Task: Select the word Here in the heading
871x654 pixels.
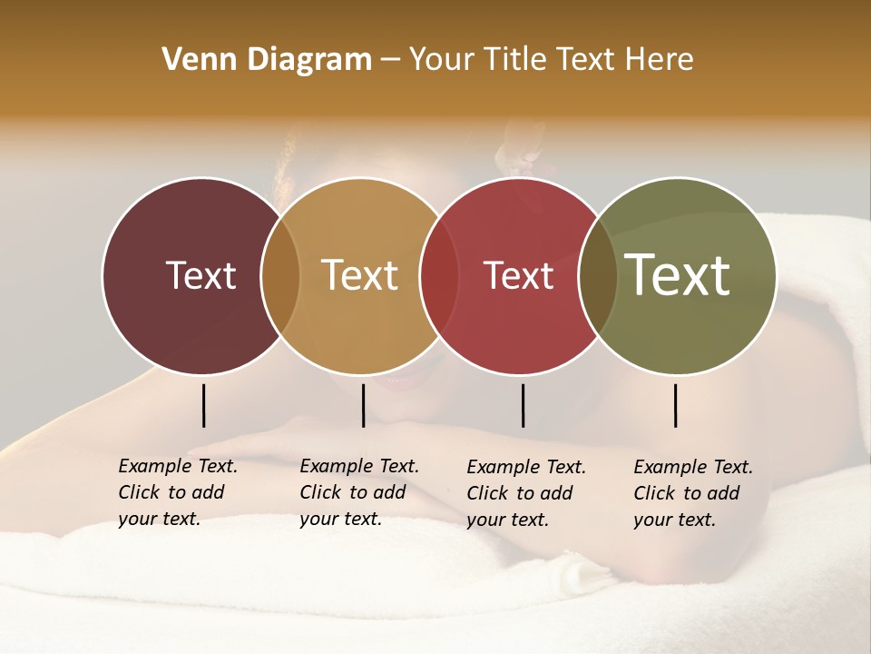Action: tap(661, 60)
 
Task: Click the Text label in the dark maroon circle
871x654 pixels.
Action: tap(201, 275)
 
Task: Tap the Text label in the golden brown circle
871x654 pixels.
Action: tap(359, 275)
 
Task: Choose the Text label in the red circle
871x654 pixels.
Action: tap(518, 275)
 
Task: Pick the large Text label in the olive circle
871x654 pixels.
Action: tap(678, 275)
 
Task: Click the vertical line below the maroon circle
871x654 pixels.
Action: tap(203, 405)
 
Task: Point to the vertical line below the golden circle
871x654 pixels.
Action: tap(363, 405)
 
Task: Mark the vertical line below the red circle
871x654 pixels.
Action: tap(523, 405)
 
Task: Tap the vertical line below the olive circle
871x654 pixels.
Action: tap(675, 405)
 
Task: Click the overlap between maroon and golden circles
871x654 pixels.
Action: tap(280, 276)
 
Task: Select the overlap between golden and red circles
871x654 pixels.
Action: tap(439, 276)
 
